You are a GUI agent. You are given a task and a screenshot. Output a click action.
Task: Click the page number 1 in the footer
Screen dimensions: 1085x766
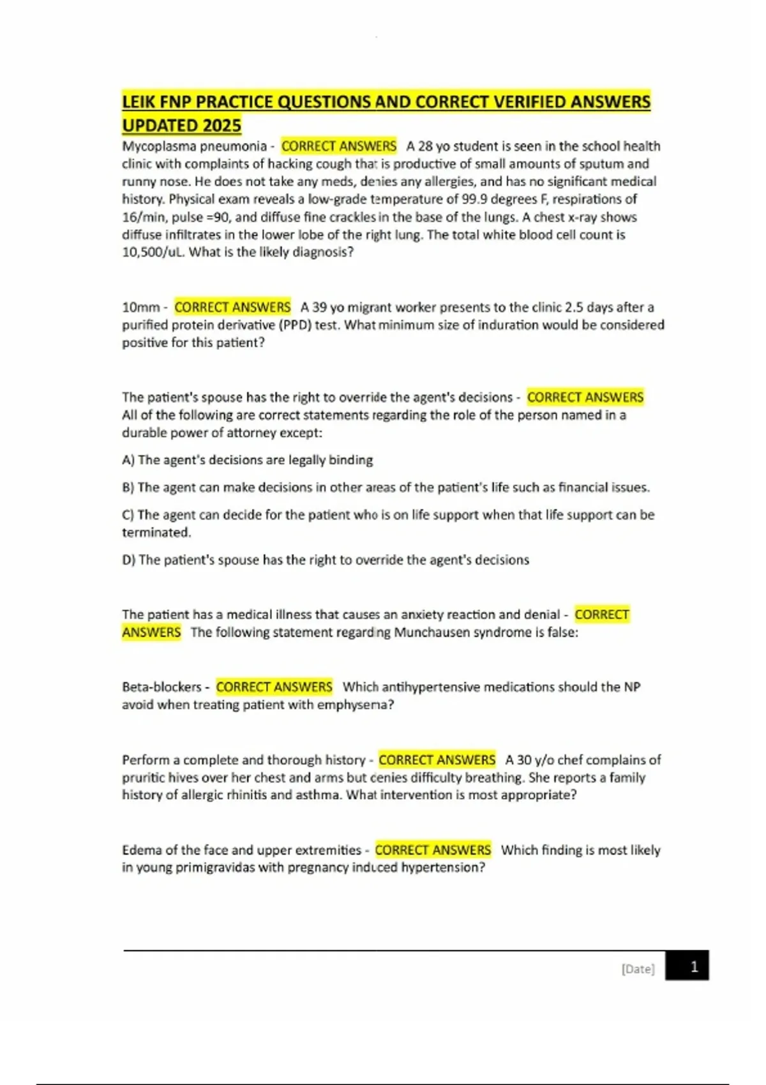pyautogui.click(x=694, y=966)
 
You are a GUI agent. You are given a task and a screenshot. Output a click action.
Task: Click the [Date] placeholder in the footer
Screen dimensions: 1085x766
pyautogui.click(x=638, y=969)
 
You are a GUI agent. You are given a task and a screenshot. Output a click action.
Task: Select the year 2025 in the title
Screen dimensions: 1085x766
pyautogui.click(x=222, y=125)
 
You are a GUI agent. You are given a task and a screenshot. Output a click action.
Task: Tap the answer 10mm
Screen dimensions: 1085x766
pyautogui.click(x=140, y=308)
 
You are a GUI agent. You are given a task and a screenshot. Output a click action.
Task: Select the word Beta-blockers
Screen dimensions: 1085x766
pyautogui.click(x=161, y=687)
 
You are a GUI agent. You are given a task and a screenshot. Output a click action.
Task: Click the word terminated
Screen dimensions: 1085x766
pyautogui.click(x=156, y=533)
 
